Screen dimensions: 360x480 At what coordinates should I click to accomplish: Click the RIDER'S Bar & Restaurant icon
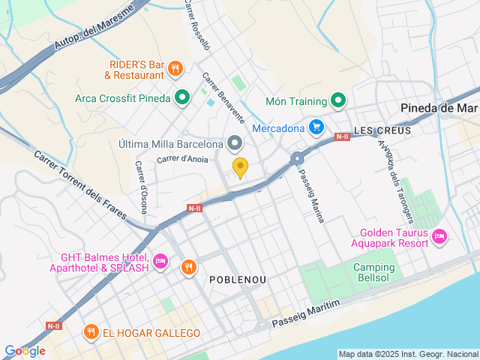pyautogui.click(x=175, y=69)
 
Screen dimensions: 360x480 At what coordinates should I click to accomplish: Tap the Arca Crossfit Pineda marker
pyautogui.click(x=181, y=97)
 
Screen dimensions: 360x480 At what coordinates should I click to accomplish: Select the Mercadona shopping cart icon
pyautogui.click(x=316, y=127)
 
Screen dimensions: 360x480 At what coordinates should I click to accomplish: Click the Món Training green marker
pyautogui.click(x=339, y=100)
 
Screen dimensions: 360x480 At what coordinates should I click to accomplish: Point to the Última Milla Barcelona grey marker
pyautogui.click(x=235, y=142)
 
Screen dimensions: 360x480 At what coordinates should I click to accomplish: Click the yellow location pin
pyautogui.click(x=240, y=168)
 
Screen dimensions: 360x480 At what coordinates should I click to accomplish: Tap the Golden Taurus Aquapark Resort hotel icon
pyautogui.click(x=440, y=237)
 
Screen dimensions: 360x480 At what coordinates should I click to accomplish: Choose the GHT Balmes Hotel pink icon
pyautogui.click(x=160, y=262)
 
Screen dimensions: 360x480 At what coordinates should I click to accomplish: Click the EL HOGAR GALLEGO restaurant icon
pyautogui.click(x=91, y=331)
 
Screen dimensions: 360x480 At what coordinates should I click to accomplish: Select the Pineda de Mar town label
pyautogui.click(x=439, y=107)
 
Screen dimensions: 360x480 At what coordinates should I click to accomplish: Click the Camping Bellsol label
pyautogui.click(x=373, y=274)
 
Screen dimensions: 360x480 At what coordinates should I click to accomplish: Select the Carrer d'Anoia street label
pyautogui.click(x=182, y=159)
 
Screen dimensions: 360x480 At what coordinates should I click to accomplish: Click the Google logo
pyautogui.click(x=25, y=350)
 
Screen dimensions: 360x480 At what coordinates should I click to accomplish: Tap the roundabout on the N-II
pyautogui.click(x=298, y=157)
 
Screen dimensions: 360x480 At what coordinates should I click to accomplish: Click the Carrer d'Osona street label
pyautogui.click(x=142, y=187)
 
